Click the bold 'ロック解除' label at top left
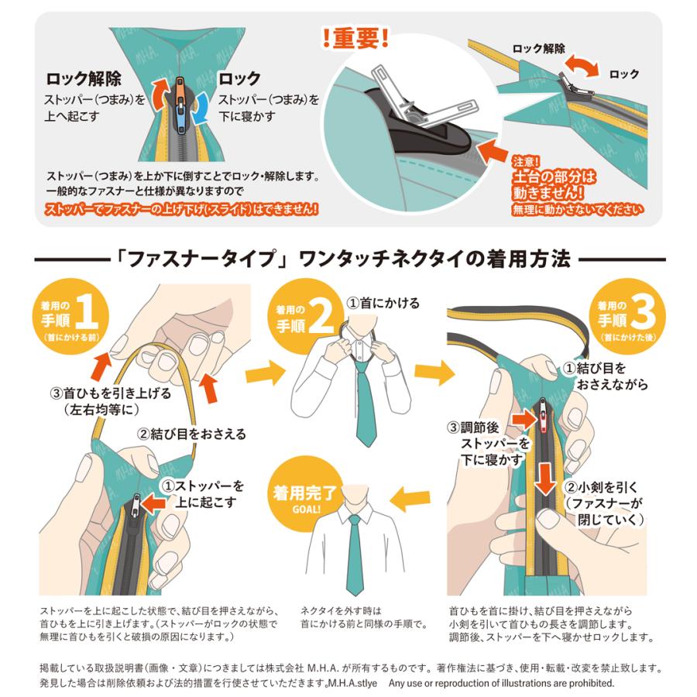(x=84, y=79)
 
